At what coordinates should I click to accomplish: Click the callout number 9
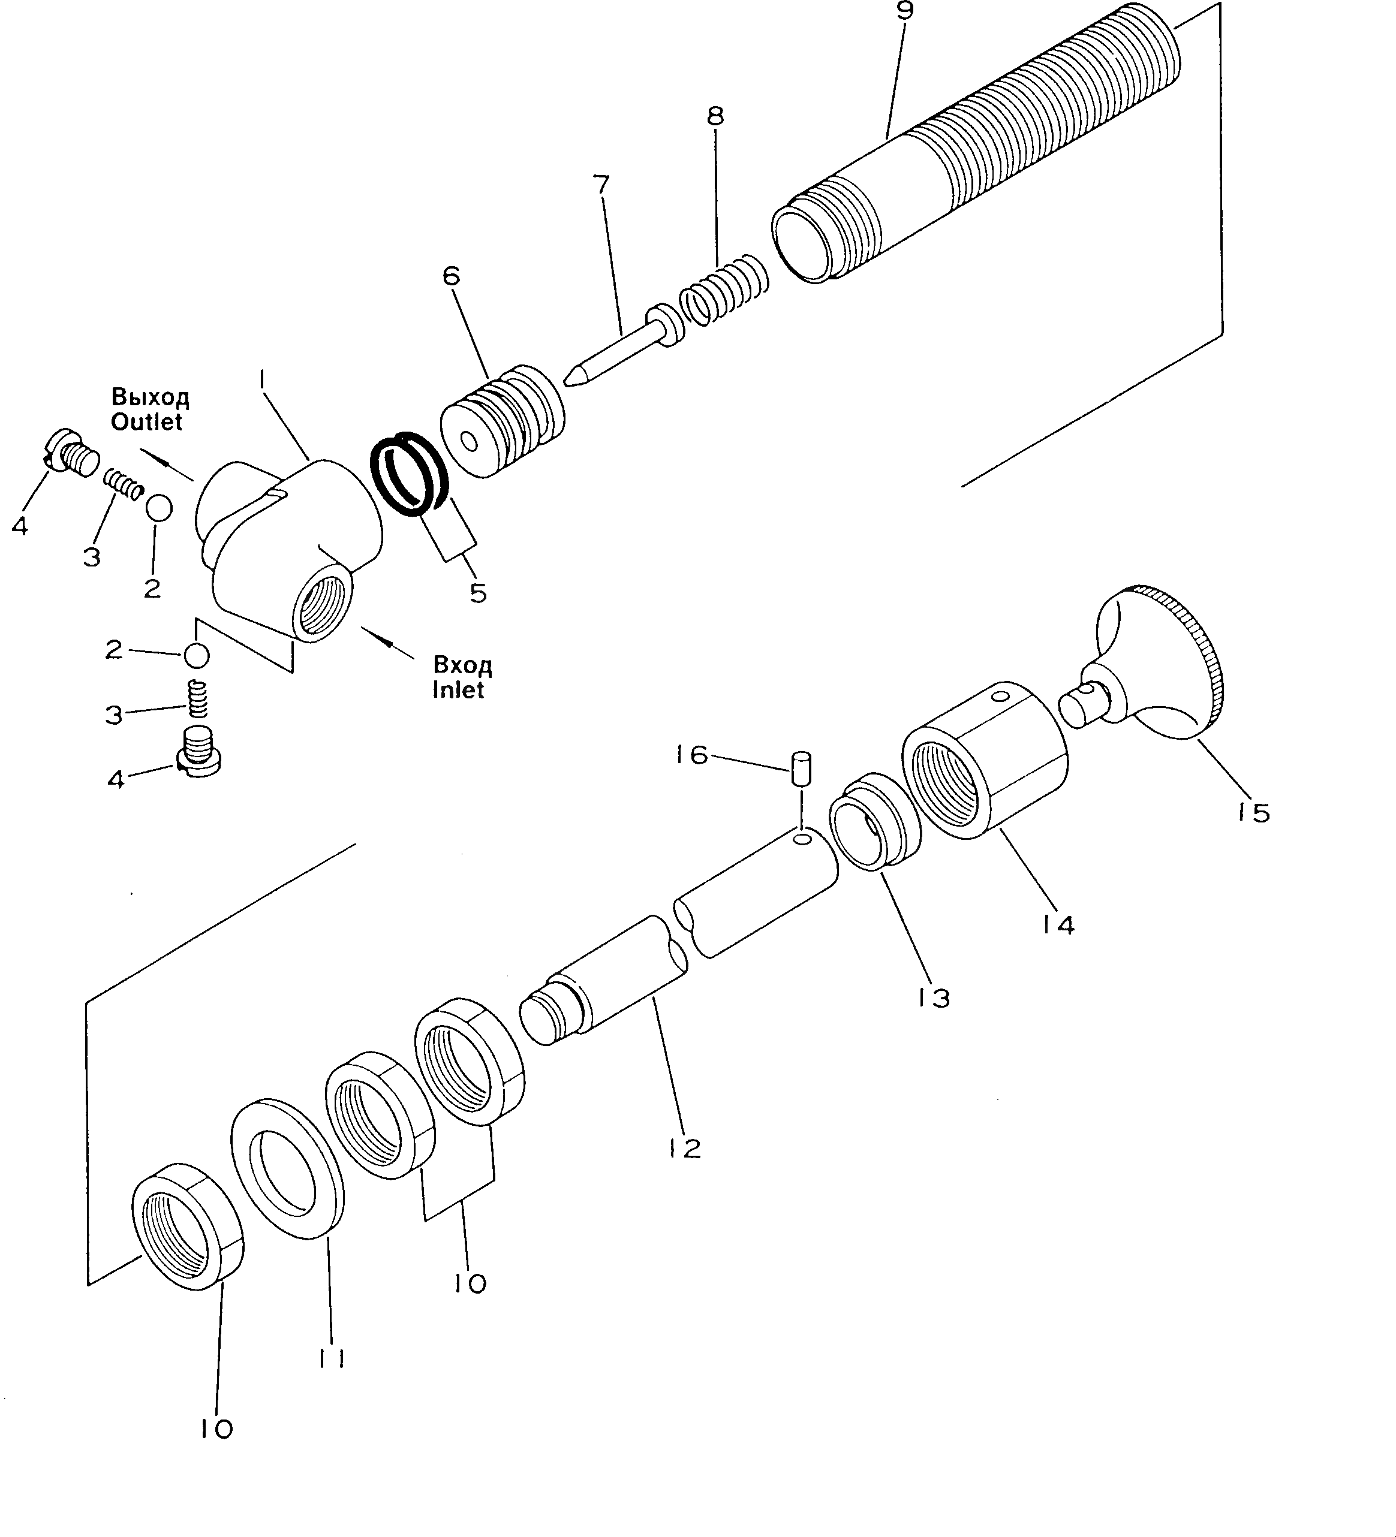pyautogui.click(x=905, y=11)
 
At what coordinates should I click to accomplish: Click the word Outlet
pyautogui.click(x=146, y=421)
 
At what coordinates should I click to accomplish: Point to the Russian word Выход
pyautogui.click(x=151, y=397)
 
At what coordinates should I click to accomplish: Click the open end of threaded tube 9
pyautogui.click(x=801, y=244)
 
